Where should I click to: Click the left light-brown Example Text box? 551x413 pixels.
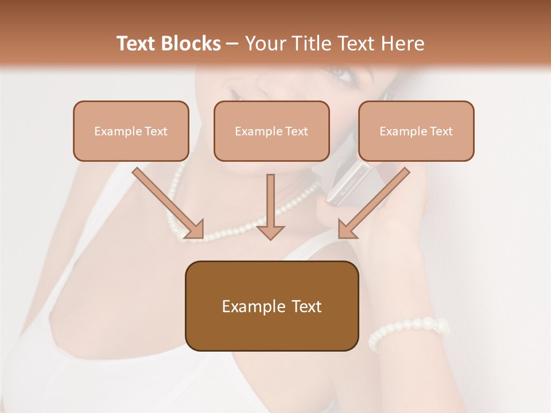131,131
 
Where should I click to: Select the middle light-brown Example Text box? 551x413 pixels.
271,131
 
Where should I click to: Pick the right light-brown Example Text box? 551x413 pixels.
416,131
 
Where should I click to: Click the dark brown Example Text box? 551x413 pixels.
271,306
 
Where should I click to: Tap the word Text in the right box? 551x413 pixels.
441,131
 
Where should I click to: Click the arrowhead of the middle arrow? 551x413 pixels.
270,231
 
